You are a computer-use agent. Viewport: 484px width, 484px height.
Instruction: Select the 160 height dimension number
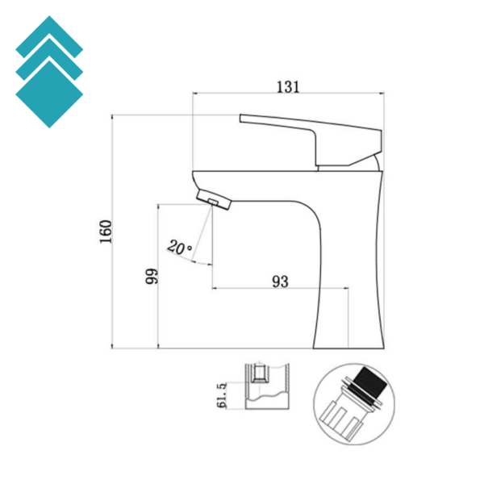pos(105,232)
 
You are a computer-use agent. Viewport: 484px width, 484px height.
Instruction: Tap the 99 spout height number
pos(151,277)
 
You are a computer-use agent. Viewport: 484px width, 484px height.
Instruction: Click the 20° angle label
pos(179,246)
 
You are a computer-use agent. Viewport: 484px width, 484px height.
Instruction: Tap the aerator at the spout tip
pos(215,199)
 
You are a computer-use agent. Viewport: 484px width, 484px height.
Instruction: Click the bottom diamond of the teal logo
pos(49,93)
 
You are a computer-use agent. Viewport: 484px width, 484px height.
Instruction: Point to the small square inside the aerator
pos(214,200)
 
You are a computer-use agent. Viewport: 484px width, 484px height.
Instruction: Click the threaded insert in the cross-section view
pos(259,373)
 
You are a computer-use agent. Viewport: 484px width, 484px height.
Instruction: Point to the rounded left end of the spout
pos(195,178)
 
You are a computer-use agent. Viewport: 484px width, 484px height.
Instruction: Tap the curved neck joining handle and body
pos(371,164)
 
